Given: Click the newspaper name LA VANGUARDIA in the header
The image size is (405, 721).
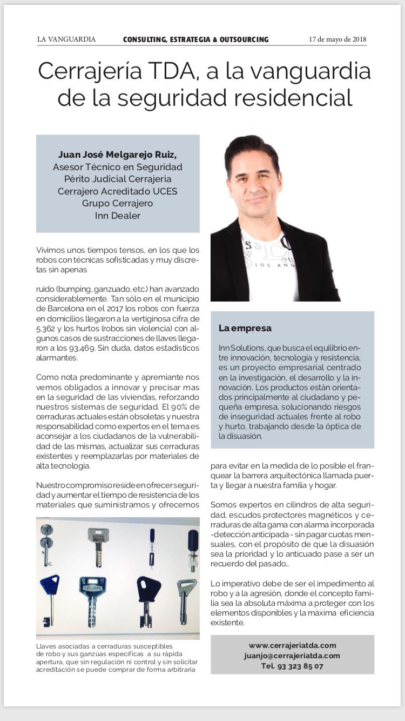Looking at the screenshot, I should (x=66, y=39).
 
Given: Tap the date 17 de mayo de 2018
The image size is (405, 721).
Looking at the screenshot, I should (x=337, y=39).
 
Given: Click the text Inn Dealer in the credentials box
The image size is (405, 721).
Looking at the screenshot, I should (x=117, y=215).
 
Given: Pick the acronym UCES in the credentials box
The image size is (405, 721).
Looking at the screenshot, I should (x=163, y=191).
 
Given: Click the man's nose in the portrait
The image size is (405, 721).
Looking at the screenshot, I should (x=268, y=185).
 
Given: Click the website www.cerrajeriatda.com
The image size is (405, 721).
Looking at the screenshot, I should (x=292, y=645).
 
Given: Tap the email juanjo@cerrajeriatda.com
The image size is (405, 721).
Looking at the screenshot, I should (x=292, y=656).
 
